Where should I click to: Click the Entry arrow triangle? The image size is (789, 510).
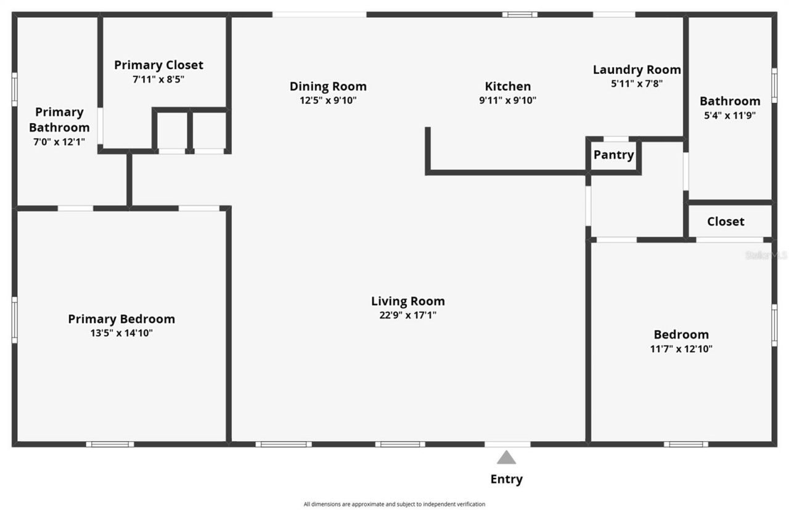pyautogui.click(x=506, y=457)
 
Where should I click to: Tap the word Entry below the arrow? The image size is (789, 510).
pyautogui.click(x=506, y=479)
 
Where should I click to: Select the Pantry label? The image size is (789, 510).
pyautogui.click(x=613, y=155)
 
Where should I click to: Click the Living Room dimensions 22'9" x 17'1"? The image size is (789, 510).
pyautogui.click(x=407, y=315)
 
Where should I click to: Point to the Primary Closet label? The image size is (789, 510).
pyautogui.click(x=158, y=65)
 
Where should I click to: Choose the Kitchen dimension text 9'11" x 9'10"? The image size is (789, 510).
pyautogui.click(x=507, y=100)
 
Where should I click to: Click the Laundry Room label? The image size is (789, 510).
pyautogui.click(x=637, y=70)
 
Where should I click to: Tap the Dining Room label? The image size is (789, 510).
pyautogui.click(x=328, y=86)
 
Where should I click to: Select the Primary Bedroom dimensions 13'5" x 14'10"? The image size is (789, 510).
pyautogui.click(x=121, y=333)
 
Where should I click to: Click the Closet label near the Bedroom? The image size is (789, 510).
pyautogui.click(x=726, y=222)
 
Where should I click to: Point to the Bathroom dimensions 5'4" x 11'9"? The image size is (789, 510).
pyautogui.click(x=730, y=115)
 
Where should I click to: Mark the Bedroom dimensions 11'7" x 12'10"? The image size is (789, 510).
pyautogui.click(x=681, y=349)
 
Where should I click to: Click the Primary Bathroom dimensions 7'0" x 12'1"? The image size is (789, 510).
pyautogui.click(x=59, y=142)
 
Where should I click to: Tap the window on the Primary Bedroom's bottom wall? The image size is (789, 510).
pyautogui.click(x=110, y=444)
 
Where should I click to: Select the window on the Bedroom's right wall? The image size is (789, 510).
pyautogui.click(x=774, y=325)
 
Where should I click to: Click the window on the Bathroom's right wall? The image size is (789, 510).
pyautogui.click(x=774, y=85)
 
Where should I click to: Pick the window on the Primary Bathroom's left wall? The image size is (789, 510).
pyautogui.click(x=14, y=89)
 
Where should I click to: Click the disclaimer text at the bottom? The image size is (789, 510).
pyautogui.click(x=394, y=504)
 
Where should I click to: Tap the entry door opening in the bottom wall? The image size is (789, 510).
pyautogui.click(x=507, y=444)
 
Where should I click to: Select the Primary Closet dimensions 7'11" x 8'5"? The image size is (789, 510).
pyautogui.click(x=158, y=79)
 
